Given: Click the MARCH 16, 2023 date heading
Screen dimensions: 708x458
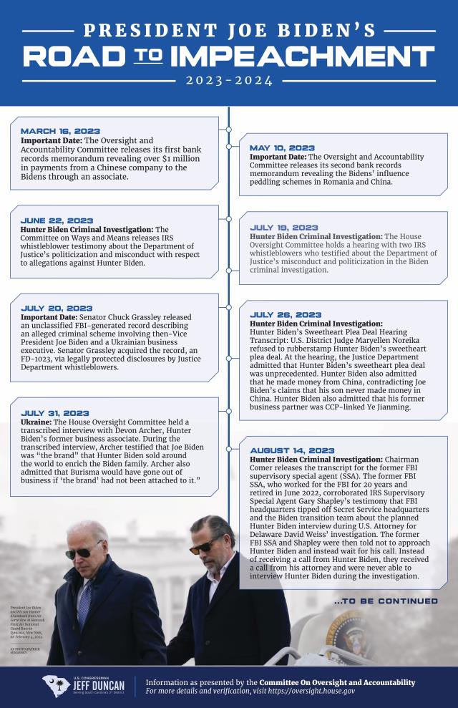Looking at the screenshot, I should point(60,131).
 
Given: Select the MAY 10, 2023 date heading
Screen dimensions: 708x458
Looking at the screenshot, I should point(282,148).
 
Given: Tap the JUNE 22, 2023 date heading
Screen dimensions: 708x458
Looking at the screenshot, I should point(57,220).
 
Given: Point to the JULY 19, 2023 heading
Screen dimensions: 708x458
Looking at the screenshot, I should point(284,228).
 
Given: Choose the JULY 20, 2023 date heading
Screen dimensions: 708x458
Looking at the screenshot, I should point(57,309).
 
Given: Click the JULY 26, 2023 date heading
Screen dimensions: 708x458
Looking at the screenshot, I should point(286,315).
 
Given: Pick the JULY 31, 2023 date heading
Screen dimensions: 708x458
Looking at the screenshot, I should point(55,414).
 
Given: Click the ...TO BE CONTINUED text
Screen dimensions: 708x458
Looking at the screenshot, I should point(386,601).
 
